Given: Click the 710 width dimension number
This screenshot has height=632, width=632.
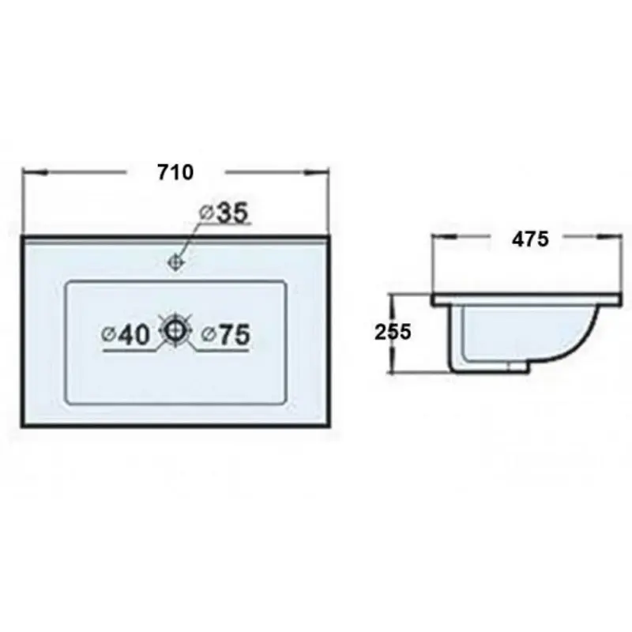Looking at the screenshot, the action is coord(175,172).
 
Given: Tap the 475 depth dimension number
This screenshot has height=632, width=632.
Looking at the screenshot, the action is coord(530,239).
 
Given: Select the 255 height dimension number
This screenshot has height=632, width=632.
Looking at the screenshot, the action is coord(393,332).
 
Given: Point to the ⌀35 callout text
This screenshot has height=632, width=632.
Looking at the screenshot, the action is coord(224,213).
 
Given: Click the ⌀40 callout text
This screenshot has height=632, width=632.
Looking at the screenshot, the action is coord(126,335).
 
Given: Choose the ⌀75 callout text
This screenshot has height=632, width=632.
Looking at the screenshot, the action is coord(226,335).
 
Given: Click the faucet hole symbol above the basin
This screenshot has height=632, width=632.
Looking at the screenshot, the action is coord(175,263).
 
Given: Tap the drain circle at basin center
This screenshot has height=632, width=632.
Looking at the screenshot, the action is coord(175,331).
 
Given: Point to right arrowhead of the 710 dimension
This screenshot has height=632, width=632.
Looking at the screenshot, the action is coord(317,173).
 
